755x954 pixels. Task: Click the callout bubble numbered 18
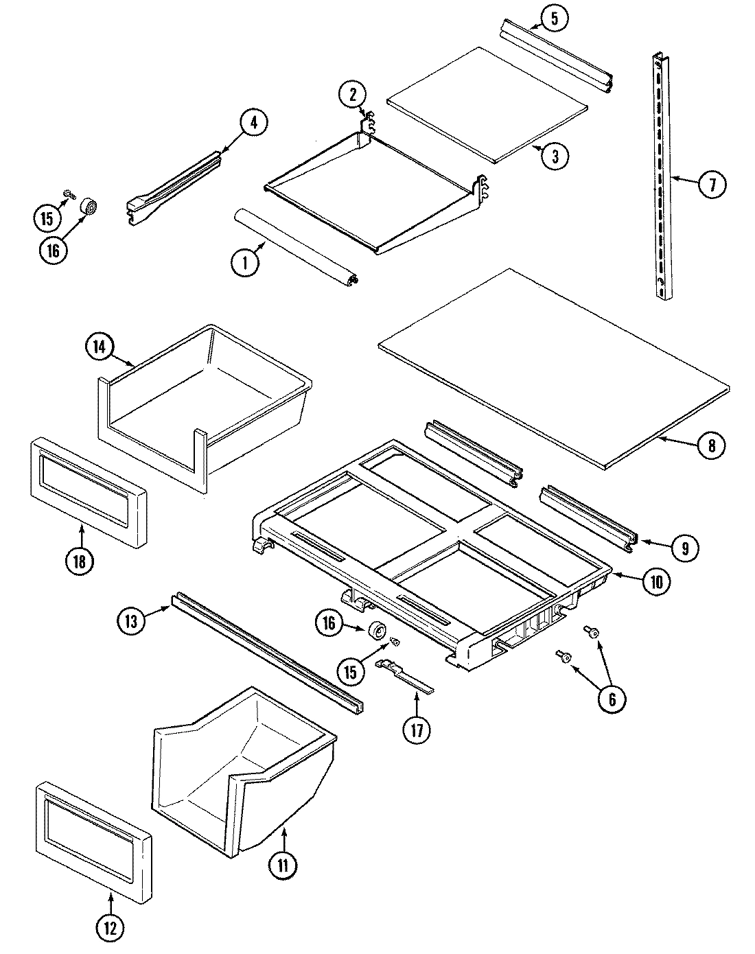point(80,561)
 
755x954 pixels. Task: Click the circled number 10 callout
point(656,582)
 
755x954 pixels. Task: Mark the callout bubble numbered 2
point(352,94)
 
